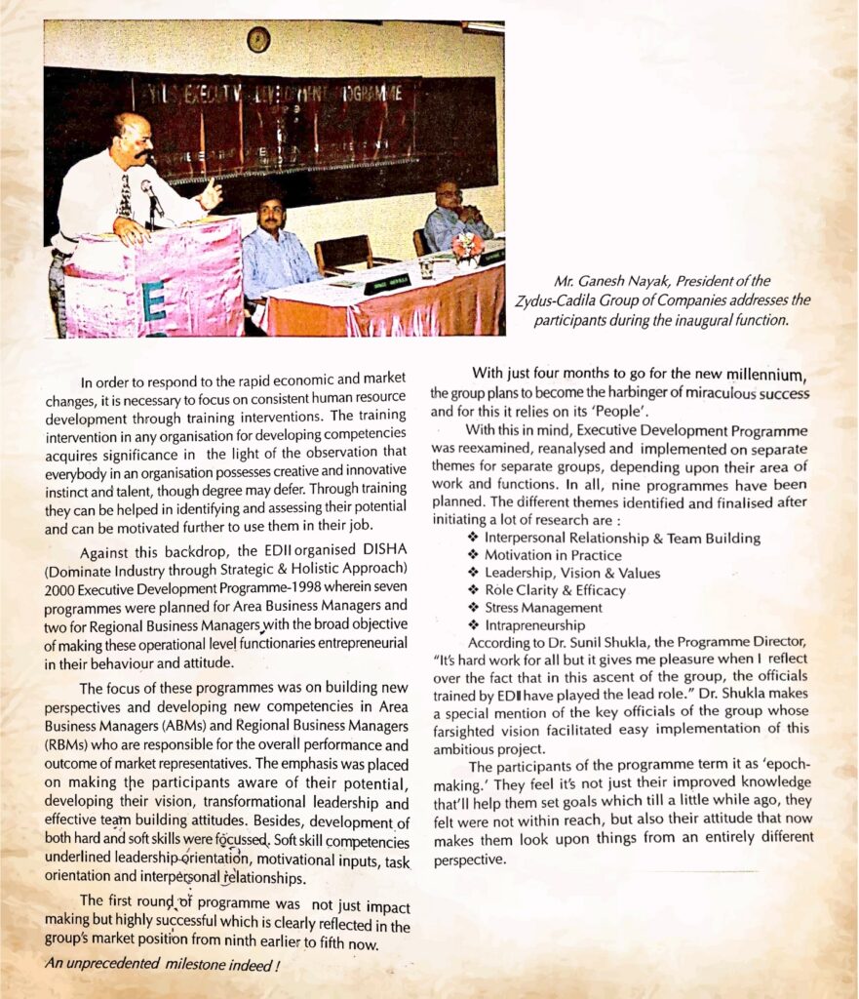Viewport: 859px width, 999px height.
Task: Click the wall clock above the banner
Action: tap(258, 40)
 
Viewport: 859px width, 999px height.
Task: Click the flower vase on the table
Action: tap(467, 248)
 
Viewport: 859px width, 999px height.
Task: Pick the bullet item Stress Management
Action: tap(543, 607)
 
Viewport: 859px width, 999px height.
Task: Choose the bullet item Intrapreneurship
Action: tap(534, 624)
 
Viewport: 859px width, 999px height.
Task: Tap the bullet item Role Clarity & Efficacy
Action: tap(555, 590)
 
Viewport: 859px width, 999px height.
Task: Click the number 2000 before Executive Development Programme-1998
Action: tap(64, 587)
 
